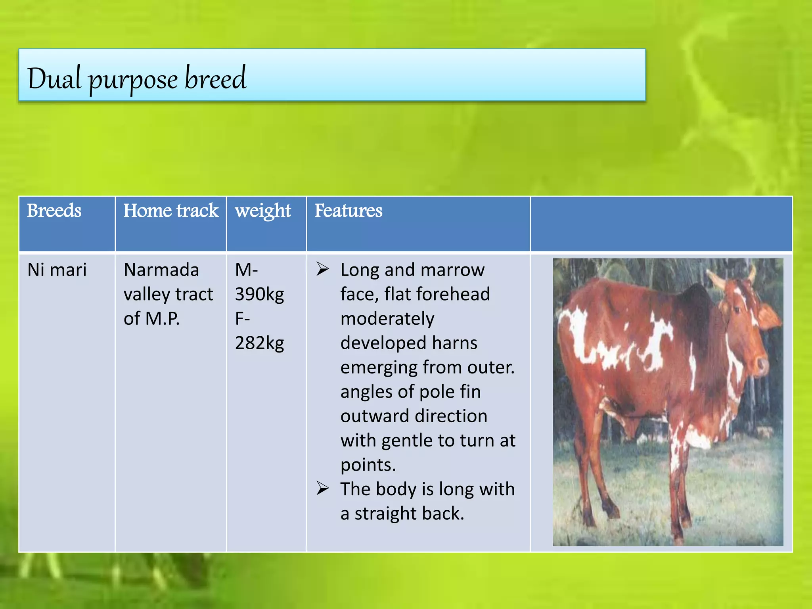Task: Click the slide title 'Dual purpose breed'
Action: (x=137, y=78)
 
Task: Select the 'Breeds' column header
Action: (x=54, y=211)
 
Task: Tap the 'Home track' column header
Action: (x=171, y=211)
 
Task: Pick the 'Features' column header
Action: (x=349, y=211)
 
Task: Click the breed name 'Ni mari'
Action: (x=57, y=270)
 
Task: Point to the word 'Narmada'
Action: (x=161, y=270)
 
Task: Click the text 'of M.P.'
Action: (x=152, y=319)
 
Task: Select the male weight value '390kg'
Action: (x=260, y=295)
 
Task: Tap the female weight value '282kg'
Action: (x=260, y=343)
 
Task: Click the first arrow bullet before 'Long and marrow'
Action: (x=323, y=270)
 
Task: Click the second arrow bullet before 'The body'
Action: (x=323, y=488)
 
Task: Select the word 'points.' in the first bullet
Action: (x=368, y=465)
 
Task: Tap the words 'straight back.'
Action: (x=409, y=514)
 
